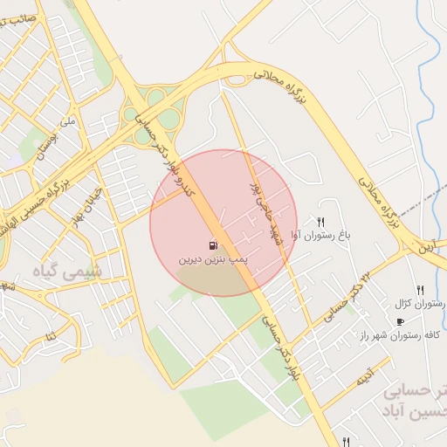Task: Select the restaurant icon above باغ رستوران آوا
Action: point(321,223)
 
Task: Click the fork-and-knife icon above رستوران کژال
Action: point(420,290)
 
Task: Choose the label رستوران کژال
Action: point(419,303)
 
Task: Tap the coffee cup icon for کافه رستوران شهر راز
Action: point(400,322)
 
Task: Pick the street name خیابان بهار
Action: point(92,198)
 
